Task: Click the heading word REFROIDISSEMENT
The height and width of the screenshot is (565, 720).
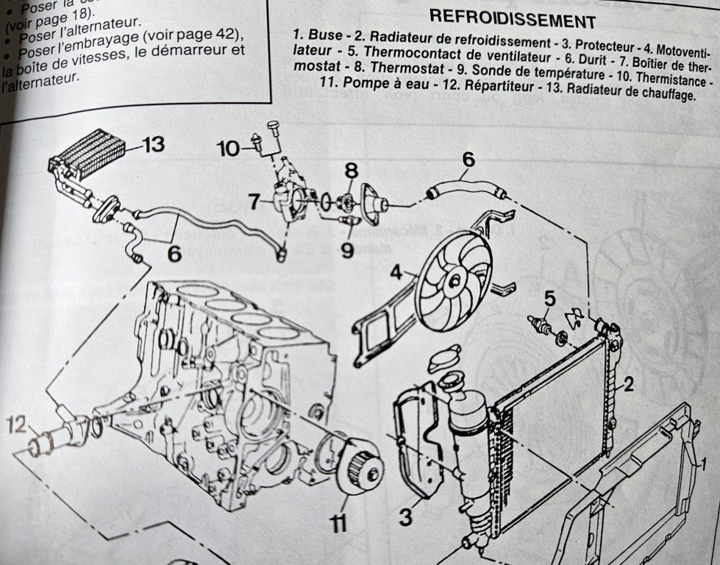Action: [512, 20]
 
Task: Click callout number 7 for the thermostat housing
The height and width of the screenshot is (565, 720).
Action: [253, 200]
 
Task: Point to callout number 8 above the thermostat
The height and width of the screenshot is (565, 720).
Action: [352, 171]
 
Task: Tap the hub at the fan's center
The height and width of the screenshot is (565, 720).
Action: [455, 278]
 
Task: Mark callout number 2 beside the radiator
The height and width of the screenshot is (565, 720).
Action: [628, 383]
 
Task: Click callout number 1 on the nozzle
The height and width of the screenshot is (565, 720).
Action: [702, 464]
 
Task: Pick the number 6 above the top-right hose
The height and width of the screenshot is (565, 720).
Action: [468, 158]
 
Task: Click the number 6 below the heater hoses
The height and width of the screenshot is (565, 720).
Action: [174, 253]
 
